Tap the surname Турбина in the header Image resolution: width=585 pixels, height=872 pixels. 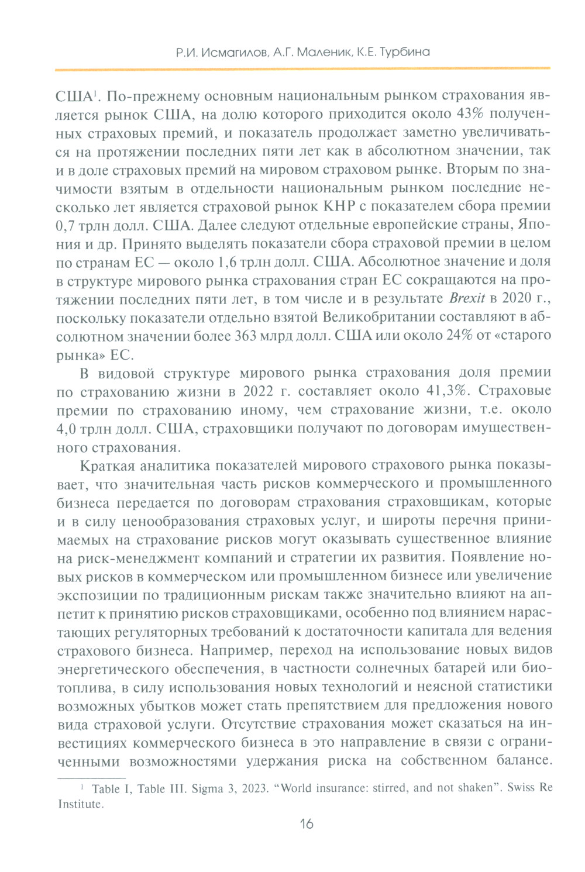tap(404, 52)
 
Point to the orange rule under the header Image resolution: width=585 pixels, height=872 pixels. tap(302, 70)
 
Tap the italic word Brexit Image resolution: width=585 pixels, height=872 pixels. tap(467, 298)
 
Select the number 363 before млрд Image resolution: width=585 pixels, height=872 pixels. tap(248, 336)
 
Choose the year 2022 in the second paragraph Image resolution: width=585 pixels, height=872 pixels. tap(258, 391)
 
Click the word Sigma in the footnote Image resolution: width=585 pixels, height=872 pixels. tap(207, 788)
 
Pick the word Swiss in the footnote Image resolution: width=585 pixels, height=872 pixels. tap(520, 788)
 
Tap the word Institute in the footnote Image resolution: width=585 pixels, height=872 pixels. tap(80, 804)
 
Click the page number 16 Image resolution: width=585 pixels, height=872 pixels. tap(307, 824)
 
